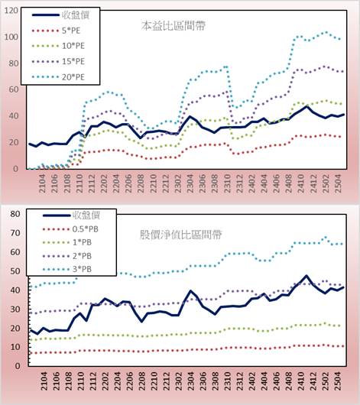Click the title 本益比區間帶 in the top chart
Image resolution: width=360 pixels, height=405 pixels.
174,26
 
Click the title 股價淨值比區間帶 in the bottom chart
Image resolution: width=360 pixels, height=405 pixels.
180,235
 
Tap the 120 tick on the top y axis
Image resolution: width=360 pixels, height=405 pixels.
11,11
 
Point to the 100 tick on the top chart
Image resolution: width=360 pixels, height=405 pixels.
11,37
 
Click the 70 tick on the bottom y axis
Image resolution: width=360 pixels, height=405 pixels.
15,233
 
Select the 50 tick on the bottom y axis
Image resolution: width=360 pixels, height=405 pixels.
15,271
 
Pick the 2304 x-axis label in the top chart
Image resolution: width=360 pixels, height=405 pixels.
190,183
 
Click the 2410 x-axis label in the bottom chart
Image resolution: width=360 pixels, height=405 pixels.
300,381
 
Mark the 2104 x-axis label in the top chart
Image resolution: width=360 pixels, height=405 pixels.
42,183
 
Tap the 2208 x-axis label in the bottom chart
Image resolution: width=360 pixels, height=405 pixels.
141,381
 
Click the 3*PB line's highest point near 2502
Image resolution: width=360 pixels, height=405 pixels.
326,237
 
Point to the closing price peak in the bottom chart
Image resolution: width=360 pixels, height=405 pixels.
306,276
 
